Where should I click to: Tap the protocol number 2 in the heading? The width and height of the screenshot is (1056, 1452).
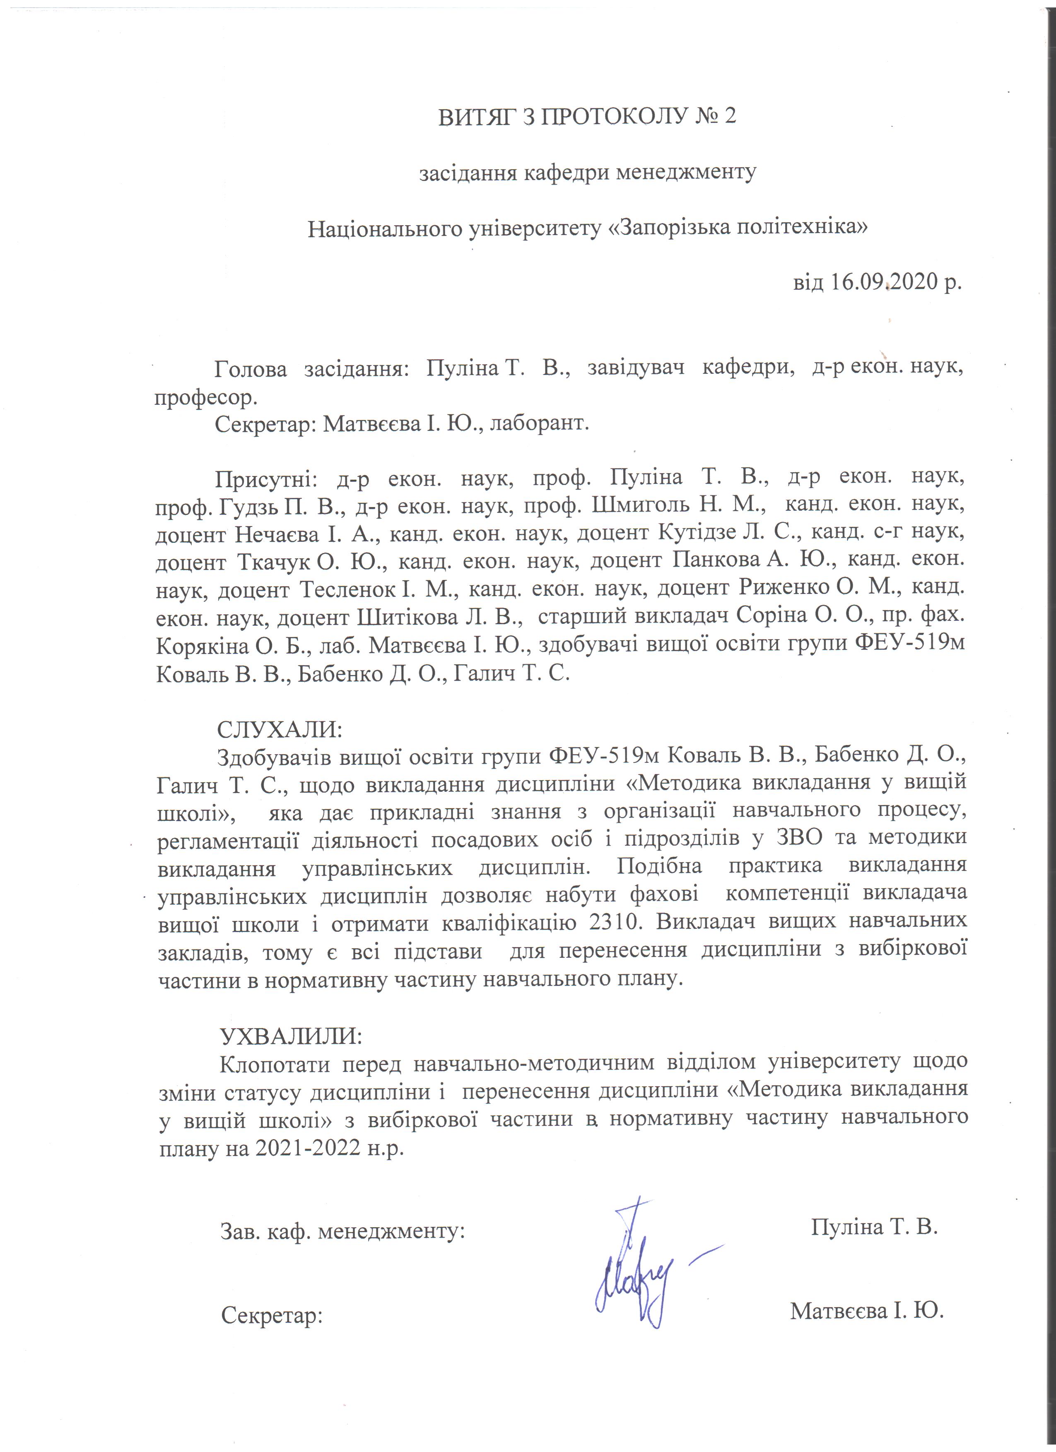[729, 117]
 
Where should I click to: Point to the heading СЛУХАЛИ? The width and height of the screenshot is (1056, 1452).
[280, 729]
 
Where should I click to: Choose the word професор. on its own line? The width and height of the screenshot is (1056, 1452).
[205, 398]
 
